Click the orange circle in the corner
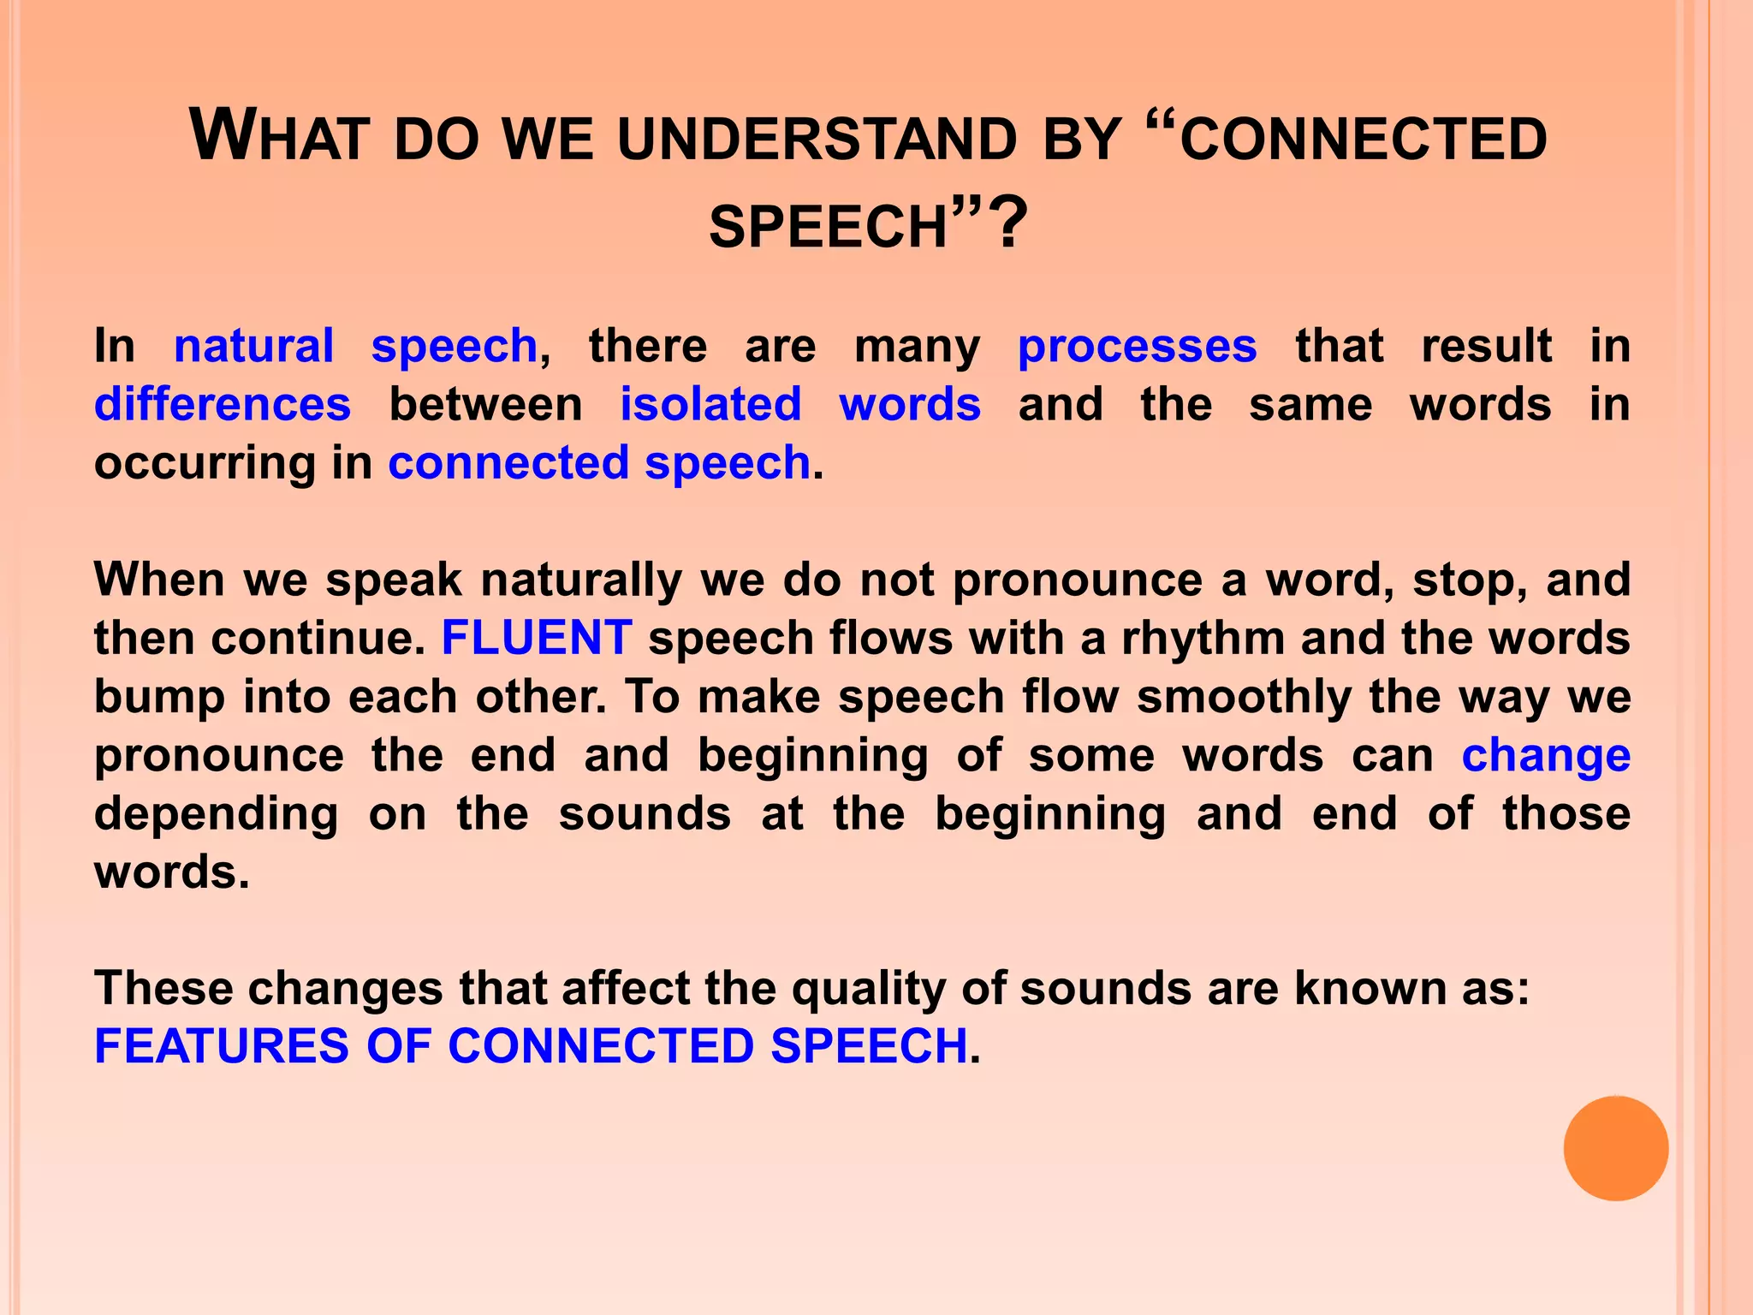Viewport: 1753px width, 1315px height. pos(1615,1148)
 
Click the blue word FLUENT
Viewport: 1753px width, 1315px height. pos(537,638)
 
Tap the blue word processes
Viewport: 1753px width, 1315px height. pos(1137,347)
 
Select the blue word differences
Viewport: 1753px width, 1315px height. pos(223,404)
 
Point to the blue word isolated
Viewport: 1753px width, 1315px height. pos(710,404)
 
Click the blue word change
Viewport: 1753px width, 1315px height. pos(1545,755)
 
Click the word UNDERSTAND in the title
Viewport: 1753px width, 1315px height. pos(817,139)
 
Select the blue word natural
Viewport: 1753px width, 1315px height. pos(253,347)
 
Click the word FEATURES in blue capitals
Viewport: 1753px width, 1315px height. pos(222,1046)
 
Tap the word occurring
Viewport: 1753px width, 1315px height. pos(205,463)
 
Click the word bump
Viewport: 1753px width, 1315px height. pos(159,697)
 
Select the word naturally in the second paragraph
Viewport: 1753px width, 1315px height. pos(581,580)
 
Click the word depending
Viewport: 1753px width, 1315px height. pos(216,814)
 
